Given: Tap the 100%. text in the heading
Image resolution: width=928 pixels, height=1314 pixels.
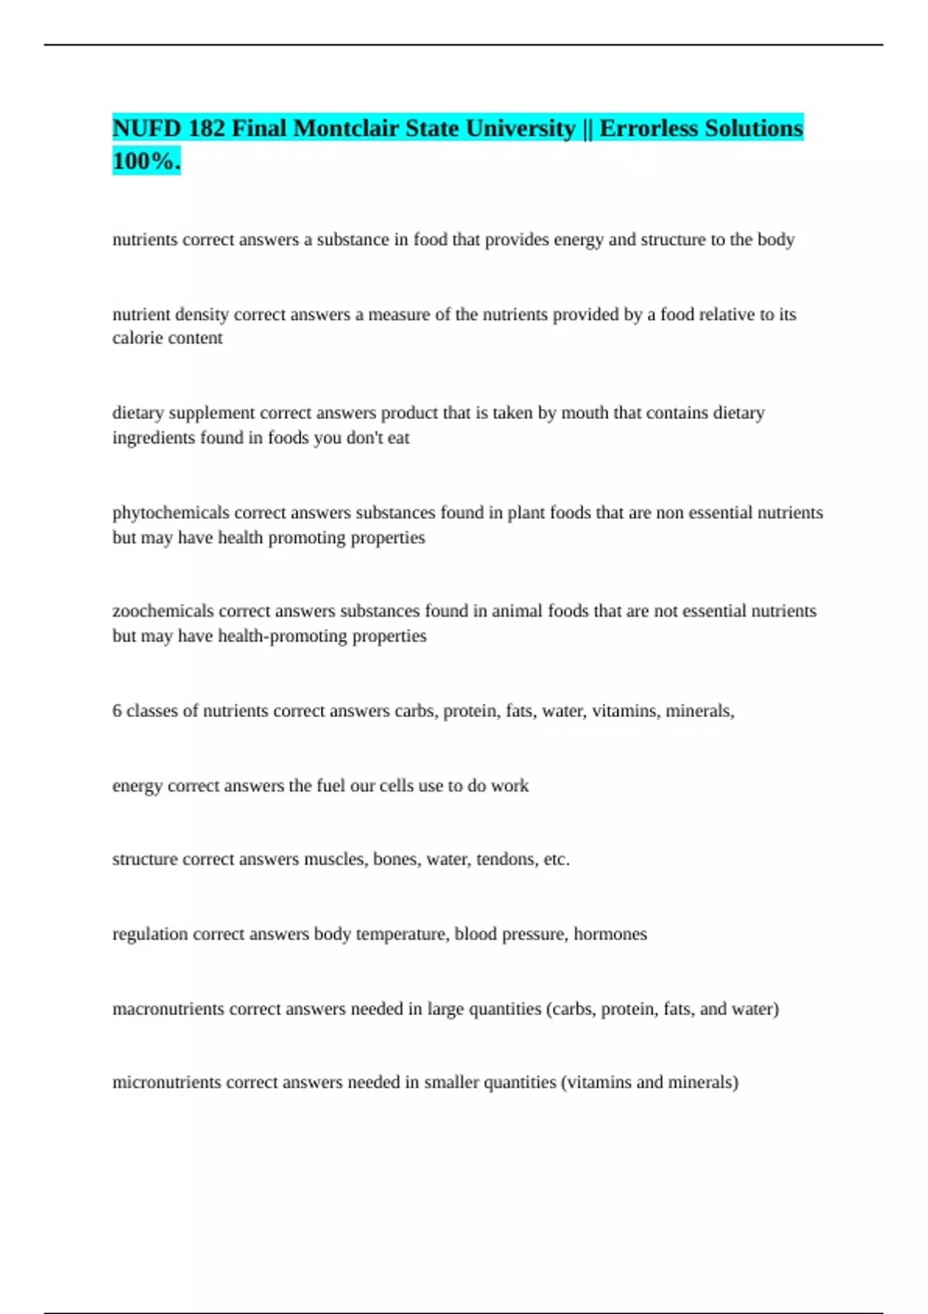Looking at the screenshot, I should pyautogui.click(x=146, y=161).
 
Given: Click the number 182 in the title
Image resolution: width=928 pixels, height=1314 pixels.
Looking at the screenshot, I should pyautogui.click(x=206, y=128).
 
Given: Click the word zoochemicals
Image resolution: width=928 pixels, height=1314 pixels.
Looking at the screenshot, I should pyautogui.click(x=163, y=611).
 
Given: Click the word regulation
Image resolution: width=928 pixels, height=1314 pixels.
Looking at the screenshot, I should pyautogui.click(x=150, y=934).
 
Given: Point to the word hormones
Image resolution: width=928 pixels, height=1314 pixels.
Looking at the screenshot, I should pyautogui.click(x=610, y=934).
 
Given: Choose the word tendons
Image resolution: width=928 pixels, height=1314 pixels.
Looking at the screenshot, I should pyautogui.click(x=506, y=860).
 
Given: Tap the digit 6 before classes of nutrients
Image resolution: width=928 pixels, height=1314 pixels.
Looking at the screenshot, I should pyautogui.click(x=117, y=710).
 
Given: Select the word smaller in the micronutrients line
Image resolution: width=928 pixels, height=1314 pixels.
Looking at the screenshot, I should pyautogui.click(x=452, y=1082).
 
